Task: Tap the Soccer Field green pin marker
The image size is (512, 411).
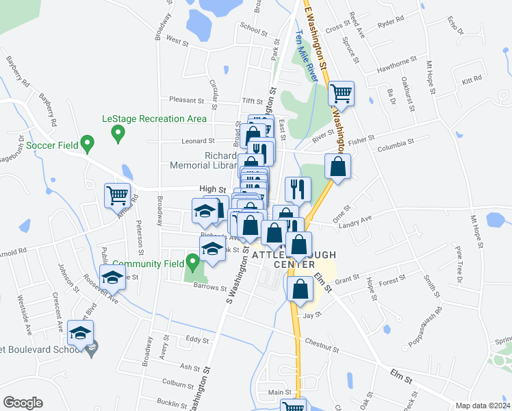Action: pos(87,144)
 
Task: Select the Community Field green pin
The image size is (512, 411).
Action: pos(194,261)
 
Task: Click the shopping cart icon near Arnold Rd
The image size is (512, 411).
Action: pos(117,195)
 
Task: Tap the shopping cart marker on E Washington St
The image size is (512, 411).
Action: pos(341,93)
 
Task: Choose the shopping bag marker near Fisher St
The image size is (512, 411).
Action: pos(338,166)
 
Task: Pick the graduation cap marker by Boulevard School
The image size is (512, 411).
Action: pos(81,334)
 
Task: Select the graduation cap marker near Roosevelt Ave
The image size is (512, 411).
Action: pos(112,277)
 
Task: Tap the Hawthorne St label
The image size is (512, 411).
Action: pos(397,71)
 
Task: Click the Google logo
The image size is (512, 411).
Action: pos(23,403)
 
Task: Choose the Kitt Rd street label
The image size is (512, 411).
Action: pos(472,81)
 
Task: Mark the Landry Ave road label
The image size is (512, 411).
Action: pos(356,220)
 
